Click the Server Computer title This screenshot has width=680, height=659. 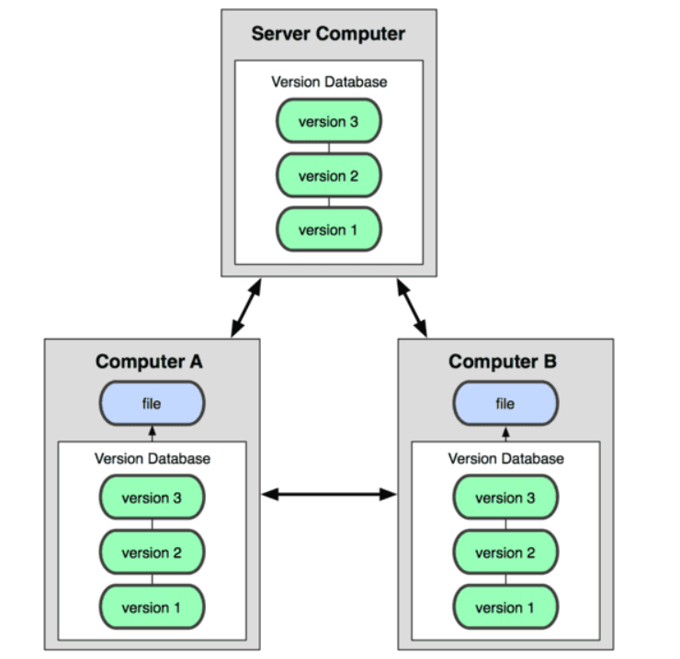coord(328,35)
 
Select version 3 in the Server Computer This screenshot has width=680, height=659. coord(328,122)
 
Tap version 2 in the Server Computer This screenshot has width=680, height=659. coord(328,176)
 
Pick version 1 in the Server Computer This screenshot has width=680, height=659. coord(328,229)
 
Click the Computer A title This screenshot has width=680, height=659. coord(150,362)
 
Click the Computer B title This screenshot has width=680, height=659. coord(504,362)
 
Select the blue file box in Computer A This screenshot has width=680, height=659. coord(152,404)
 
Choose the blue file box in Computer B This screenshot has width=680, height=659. coord(504,404)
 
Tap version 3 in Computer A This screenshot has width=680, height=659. coord(152,498)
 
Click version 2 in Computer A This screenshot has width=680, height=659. coord(152,553)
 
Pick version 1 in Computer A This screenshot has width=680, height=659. coord(152,607)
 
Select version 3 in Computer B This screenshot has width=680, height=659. coord(504,498)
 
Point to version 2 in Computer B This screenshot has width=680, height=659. coord(504,553)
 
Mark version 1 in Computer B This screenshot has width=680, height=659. coord(504,607)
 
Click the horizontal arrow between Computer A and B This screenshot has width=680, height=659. coord(329,495)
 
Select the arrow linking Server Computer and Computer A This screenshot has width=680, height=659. coord(245,307)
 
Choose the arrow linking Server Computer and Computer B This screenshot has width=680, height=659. coord(412,307)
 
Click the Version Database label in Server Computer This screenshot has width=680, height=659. coord(329,82)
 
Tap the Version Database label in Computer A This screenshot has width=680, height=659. coord(153,458)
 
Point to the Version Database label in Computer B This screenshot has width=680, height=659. coord(505,458)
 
